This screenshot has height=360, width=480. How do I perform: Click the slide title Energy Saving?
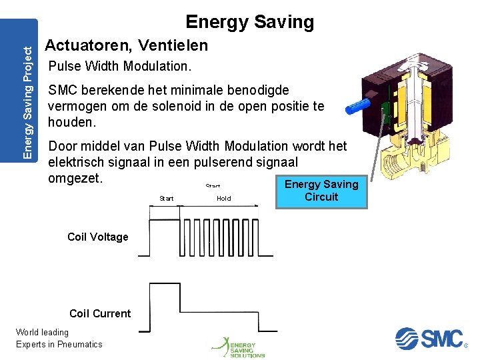tap(249, 22)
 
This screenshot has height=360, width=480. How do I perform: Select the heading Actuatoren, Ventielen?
tap(126, 46)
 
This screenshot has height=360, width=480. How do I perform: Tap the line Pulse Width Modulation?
tap(120, 67)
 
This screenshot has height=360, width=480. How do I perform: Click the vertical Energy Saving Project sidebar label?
tap(27, 97)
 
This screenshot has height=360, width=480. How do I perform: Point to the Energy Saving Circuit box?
tap(321, 191)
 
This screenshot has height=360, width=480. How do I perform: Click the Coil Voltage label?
tap(98, 237)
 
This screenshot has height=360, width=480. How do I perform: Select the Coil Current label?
tap(100, 313)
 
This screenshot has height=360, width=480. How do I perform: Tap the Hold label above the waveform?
tap(224, 198)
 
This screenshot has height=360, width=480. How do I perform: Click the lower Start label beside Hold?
tap(167, 198)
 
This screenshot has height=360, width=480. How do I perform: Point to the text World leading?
tap(42, 332)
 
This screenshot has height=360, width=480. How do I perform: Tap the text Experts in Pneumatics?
tap(59, 344)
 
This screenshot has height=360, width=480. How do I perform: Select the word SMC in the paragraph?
tap(63, 90)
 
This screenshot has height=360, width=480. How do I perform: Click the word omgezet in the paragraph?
tap(75, 179)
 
